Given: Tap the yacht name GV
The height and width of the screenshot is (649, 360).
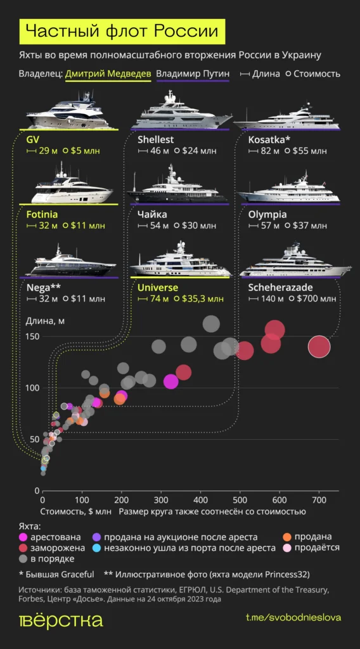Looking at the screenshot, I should click(32, 139).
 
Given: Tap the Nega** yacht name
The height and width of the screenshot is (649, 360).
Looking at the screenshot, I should click(44, 287).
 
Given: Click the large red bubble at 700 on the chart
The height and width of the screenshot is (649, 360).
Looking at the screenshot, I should click(319, 347).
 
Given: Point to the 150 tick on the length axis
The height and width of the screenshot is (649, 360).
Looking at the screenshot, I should click(31, 336).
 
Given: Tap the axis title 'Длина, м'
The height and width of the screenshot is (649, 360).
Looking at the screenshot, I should click(45, 319).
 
